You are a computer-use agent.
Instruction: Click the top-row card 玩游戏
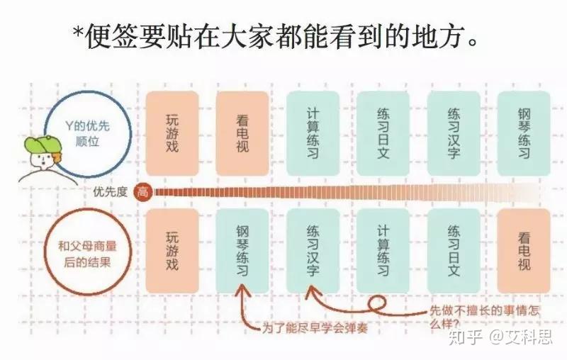tap(172, 133)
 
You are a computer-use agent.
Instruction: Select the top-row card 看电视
tap(242, 133)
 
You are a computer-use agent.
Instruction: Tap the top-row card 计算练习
tap(313, 133)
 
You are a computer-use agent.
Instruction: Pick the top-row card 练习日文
tap(383, 133)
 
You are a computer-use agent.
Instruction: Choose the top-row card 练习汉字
tap(454, 133)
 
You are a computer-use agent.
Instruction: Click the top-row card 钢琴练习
tap(524, 133)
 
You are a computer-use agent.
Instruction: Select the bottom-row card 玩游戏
tap(172, 251)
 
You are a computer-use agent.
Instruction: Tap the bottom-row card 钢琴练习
tap(242, 251)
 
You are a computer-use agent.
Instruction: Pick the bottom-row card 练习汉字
tap(313, 251)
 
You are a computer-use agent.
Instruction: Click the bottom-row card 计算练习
tap(383, 251)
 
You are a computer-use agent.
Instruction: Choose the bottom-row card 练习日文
tap(454, 251)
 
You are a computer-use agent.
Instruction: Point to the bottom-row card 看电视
tap(524, 251)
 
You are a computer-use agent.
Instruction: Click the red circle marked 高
tap(143, 191)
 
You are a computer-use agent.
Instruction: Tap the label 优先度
tap(111, 191)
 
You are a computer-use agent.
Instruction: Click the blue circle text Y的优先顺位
tap(87, 134)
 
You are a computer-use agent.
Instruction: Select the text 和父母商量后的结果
tap(87, 254)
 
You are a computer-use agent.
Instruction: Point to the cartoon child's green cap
tap(43, 145)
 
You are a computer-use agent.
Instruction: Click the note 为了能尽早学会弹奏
tap(315, 328)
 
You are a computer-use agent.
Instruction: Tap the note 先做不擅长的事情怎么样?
tap(484, 317)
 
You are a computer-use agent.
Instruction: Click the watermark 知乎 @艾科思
tap(500, 337)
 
